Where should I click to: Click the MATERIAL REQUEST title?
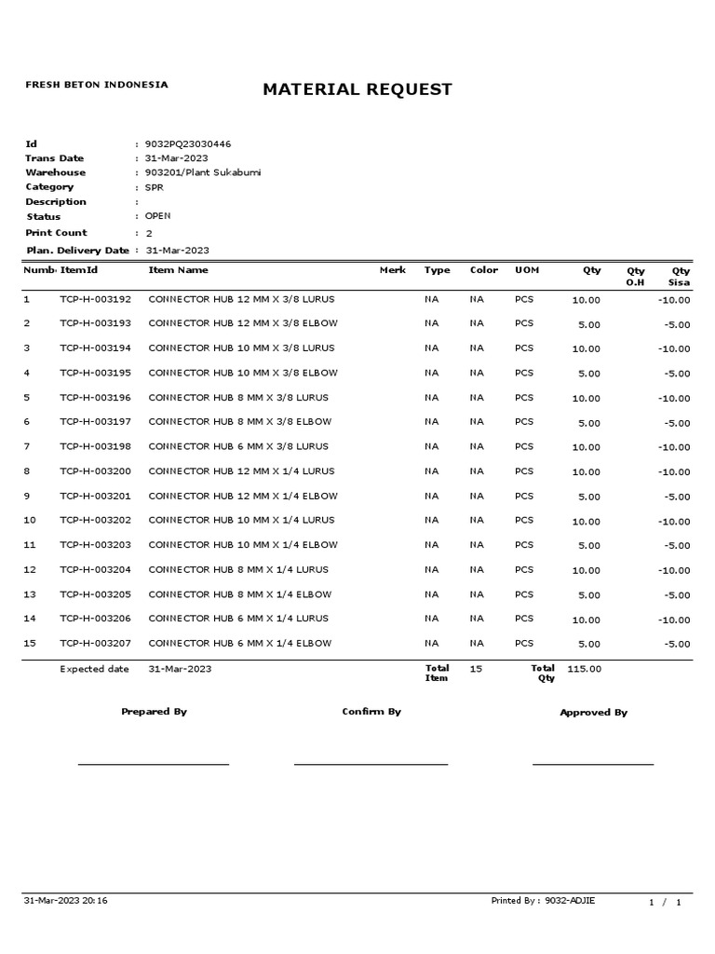357,89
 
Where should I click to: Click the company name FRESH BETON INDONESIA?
96,85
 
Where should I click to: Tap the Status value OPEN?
158,216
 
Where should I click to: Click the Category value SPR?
154,187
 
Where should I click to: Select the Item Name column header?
178,270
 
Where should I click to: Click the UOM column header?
527,270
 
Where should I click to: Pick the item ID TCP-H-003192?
96,299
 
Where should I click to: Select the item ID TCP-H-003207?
96,644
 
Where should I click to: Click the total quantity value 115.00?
584,669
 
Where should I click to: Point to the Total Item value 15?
476,669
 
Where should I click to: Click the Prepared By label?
154,712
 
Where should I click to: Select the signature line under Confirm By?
371,764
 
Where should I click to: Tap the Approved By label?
593,713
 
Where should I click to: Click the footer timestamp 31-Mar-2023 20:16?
65,901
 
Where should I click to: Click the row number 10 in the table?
30,520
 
